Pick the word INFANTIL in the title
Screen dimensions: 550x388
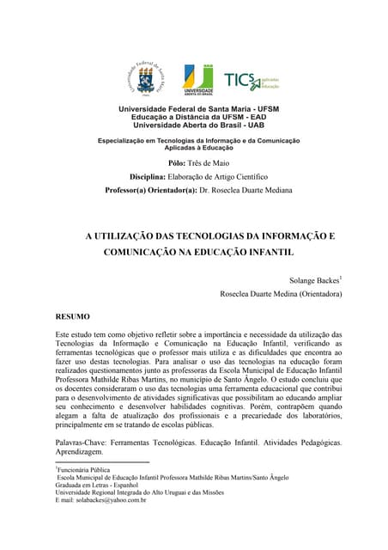click(x=265, y=254)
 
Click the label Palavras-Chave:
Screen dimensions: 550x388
click(x=84, y=442)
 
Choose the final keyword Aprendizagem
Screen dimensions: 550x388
click(x=79, y=452)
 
